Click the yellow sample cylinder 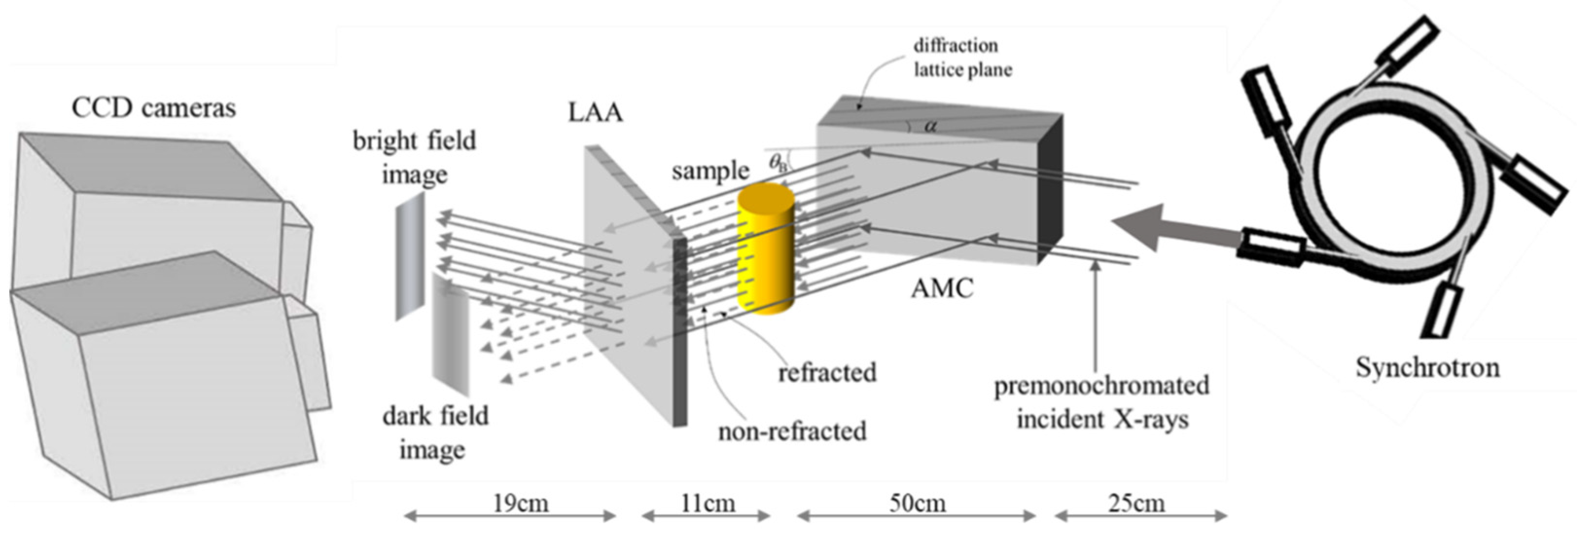765,251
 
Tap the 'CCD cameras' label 154,108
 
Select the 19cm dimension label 521,503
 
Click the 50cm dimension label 917,503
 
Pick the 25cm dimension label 1136,503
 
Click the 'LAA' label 596,113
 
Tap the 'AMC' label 942,288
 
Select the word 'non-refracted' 792,431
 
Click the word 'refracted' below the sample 827,372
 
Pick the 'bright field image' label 414,157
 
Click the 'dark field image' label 435,432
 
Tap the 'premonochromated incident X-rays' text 1101,403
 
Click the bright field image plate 409,257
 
